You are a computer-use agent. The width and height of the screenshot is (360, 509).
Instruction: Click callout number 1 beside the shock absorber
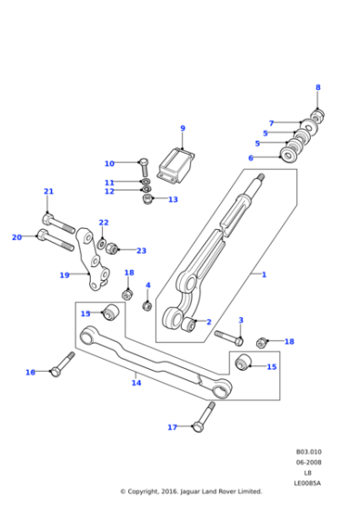264,274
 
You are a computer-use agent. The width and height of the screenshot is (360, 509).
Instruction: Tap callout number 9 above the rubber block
182,128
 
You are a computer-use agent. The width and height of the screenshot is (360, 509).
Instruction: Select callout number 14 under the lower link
135,383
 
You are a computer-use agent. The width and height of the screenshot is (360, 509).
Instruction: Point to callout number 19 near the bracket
64,275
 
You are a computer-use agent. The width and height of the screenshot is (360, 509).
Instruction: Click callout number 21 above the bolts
48,192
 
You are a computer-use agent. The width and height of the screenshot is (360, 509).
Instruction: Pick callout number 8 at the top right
317,87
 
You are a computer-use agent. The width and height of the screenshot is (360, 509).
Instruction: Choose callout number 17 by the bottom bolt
171,427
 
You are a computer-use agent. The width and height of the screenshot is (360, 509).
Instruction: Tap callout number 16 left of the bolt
30,373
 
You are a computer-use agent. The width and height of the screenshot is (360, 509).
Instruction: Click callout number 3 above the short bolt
241,320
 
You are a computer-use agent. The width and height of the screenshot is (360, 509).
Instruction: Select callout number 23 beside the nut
141,251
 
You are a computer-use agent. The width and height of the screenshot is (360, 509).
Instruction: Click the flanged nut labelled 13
148,200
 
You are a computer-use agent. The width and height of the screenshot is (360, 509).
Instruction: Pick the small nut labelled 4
147,305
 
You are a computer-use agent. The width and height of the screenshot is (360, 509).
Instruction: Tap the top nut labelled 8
318,115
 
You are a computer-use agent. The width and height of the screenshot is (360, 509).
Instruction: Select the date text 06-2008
308,462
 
